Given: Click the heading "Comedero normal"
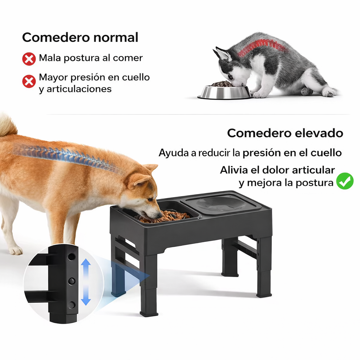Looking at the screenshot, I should click(x=80, y=37).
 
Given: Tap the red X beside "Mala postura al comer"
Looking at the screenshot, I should click(x=29, y=59).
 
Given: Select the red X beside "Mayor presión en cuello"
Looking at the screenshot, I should click(x=29, y=82).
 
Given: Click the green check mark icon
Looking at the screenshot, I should click(x=345, y=181).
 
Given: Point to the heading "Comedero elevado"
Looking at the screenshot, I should click(x=285, y=133).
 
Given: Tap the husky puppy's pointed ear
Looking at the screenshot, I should click(x=222, y=54).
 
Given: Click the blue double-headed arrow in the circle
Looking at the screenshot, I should click(x=85, y=281).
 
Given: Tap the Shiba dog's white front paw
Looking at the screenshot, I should click(x=15, y=250).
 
